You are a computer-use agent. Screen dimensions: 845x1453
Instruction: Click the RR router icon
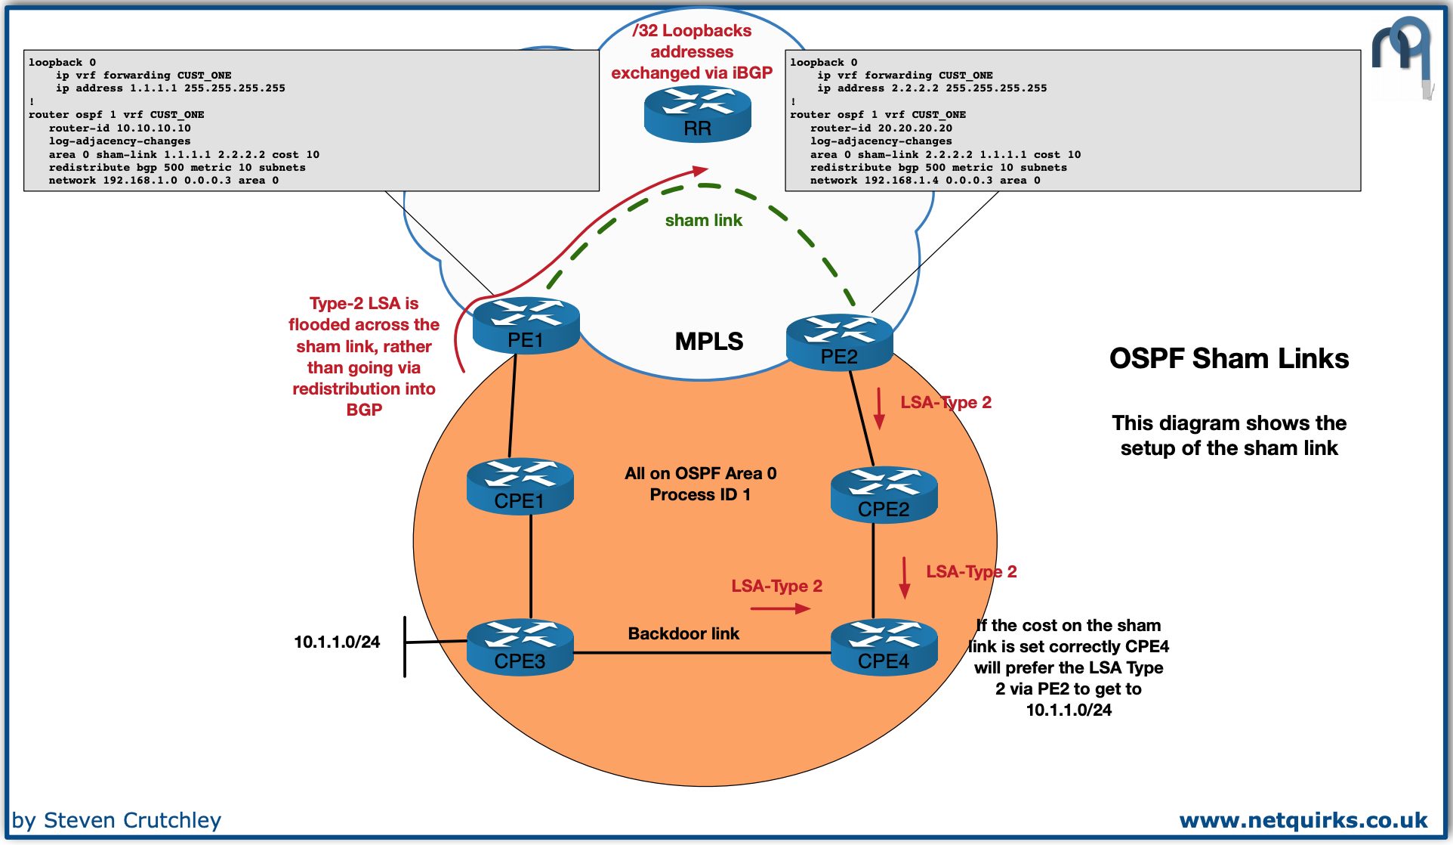697,113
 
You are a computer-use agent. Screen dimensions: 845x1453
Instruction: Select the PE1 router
526,325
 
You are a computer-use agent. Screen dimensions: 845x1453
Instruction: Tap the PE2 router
839,342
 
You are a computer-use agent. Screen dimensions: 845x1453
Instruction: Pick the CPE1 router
520,486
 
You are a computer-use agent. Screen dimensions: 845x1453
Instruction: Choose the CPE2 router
884,494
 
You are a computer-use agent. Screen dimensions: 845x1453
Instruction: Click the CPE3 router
520,647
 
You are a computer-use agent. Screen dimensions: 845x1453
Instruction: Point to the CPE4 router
884,647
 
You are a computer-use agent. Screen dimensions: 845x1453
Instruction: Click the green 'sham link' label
703,220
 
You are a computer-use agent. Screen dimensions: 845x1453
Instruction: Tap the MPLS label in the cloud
708,341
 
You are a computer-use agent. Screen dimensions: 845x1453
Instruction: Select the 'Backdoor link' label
683,633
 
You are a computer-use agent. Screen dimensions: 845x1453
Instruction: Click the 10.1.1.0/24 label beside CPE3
337,642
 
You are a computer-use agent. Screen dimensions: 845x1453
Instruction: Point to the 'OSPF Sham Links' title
1229,358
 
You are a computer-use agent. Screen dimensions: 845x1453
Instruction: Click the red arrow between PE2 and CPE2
879,408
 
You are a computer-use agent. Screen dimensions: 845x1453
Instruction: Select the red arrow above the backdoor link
780,608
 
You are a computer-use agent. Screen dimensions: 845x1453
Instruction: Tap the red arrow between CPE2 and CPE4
904,578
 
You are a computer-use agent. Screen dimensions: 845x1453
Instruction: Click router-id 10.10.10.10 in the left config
120,128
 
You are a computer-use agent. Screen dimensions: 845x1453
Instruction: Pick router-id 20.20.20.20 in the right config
881,128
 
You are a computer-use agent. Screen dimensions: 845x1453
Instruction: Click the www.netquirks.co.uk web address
1303,820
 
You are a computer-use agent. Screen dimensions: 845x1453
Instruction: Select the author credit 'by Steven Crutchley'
117,820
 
